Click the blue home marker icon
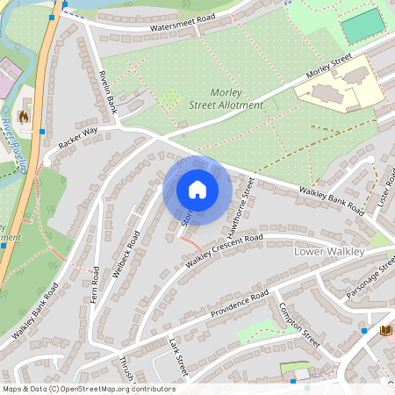tap(197, 190)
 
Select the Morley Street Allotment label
tap(225, 99)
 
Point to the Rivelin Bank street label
tap(108, 92)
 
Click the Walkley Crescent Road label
tap(224, 251)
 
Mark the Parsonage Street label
tap(370, 282)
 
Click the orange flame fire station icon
tap(24, 114)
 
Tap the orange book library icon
tap(384, 331)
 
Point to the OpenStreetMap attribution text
tap(89, 388)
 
